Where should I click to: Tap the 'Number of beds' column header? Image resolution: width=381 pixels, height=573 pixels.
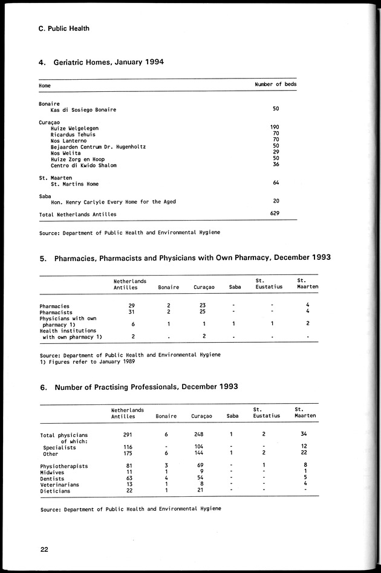(x=276, y=85)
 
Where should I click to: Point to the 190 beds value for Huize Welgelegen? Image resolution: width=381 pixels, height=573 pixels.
(x=275, y=128)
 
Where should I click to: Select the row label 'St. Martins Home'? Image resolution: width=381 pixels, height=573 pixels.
(x=74, y=184)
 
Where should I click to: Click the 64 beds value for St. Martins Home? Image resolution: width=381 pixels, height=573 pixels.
(x=275, y=183)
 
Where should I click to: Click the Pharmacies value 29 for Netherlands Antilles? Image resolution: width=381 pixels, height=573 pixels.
(x=131, y=306)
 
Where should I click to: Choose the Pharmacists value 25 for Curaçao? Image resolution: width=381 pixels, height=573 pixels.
(x=203, y=312)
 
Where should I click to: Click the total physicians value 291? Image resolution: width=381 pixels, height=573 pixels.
(x=128, y=435)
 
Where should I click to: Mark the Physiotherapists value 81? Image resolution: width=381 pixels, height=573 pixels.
(x=128, y=466)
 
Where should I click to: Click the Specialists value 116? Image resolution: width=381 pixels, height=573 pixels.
(x=128, y=447)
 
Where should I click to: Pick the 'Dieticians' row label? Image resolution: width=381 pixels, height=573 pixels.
(x=55, y=491)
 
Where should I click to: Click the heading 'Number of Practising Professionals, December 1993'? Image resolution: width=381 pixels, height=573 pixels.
(x=146, y=386)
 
